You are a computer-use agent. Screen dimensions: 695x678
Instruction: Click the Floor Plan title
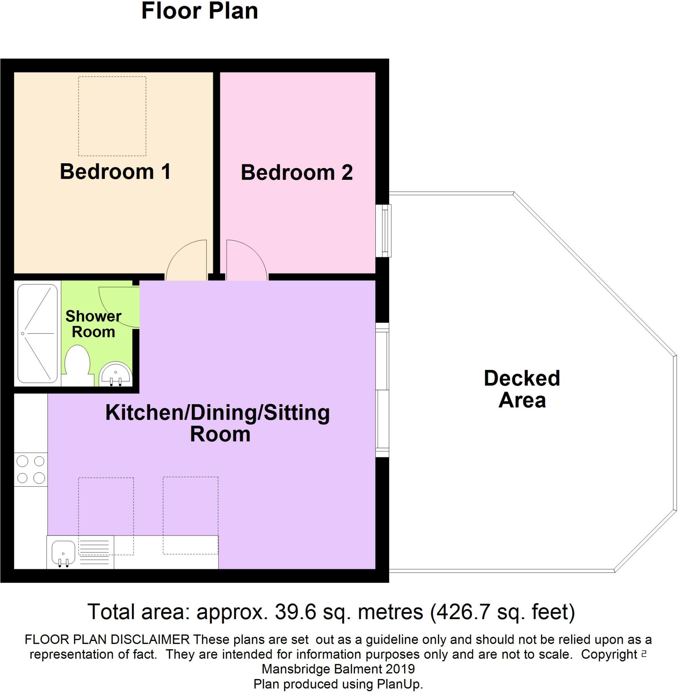200,11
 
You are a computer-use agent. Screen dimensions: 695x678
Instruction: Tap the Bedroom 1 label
115,172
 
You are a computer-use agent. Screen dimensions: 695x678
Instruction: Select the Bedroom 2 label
297,173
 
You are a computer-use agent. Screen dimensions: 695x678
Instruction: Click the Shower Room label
93,324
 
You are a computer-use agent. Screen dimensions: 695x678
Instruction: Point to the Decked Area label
522,389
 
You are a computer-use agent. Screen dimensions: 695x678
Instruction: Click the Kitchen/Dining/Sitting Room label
218,423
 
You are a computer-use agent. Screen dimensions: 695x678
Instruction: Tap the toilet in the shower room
77,365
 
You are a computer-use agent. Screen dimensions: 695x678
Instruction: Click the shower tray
37,333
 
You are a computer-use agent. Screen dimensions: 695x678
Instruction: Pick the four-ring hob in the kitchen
31,470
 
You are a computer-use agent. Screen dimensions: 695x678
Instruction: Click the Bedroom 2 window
384,230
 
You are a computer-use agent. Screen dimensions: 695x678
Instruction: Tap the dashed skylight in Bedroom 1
112,116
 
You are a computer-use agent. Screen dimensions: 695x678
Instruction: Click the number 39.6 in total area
295,611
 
